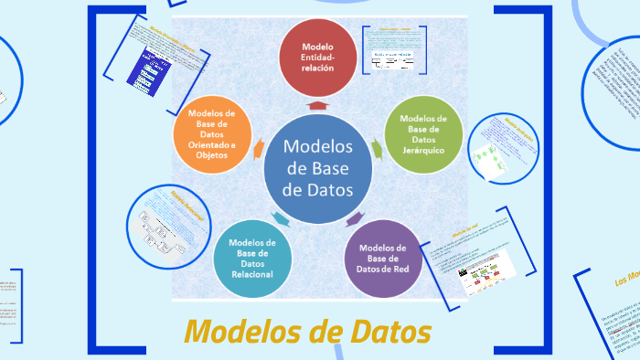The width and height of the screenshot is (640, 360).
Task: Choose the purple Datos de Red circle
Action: pos(382,259)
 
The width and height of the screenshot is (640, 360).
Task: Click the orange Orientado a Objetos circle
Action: pos(211,134)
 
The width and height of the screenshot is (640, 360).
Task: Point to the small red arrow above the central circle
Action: pos(316,105)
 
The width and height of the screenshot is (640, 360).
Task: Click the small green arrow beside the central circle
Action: pos(376,147)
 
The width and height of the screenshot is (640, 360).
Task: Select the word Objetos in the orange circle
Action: pos(211,155)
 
